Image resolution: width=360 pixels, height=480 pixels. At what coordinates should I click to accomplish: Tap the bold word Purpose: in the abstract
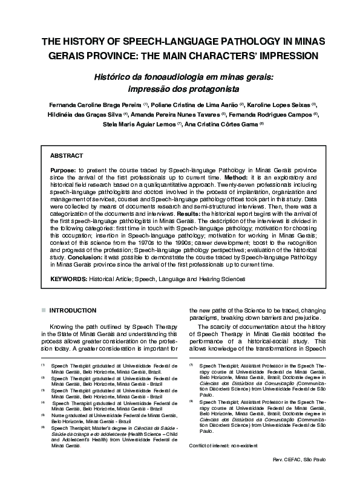tap(64, 171)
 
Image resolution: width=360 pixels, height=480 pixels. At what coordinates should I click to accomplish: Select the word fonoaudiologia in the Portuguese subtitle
tap(159, 77)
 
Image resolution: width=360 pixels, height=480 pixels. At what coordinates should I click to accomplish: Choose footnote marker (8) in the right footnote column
tap(192, 400)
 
